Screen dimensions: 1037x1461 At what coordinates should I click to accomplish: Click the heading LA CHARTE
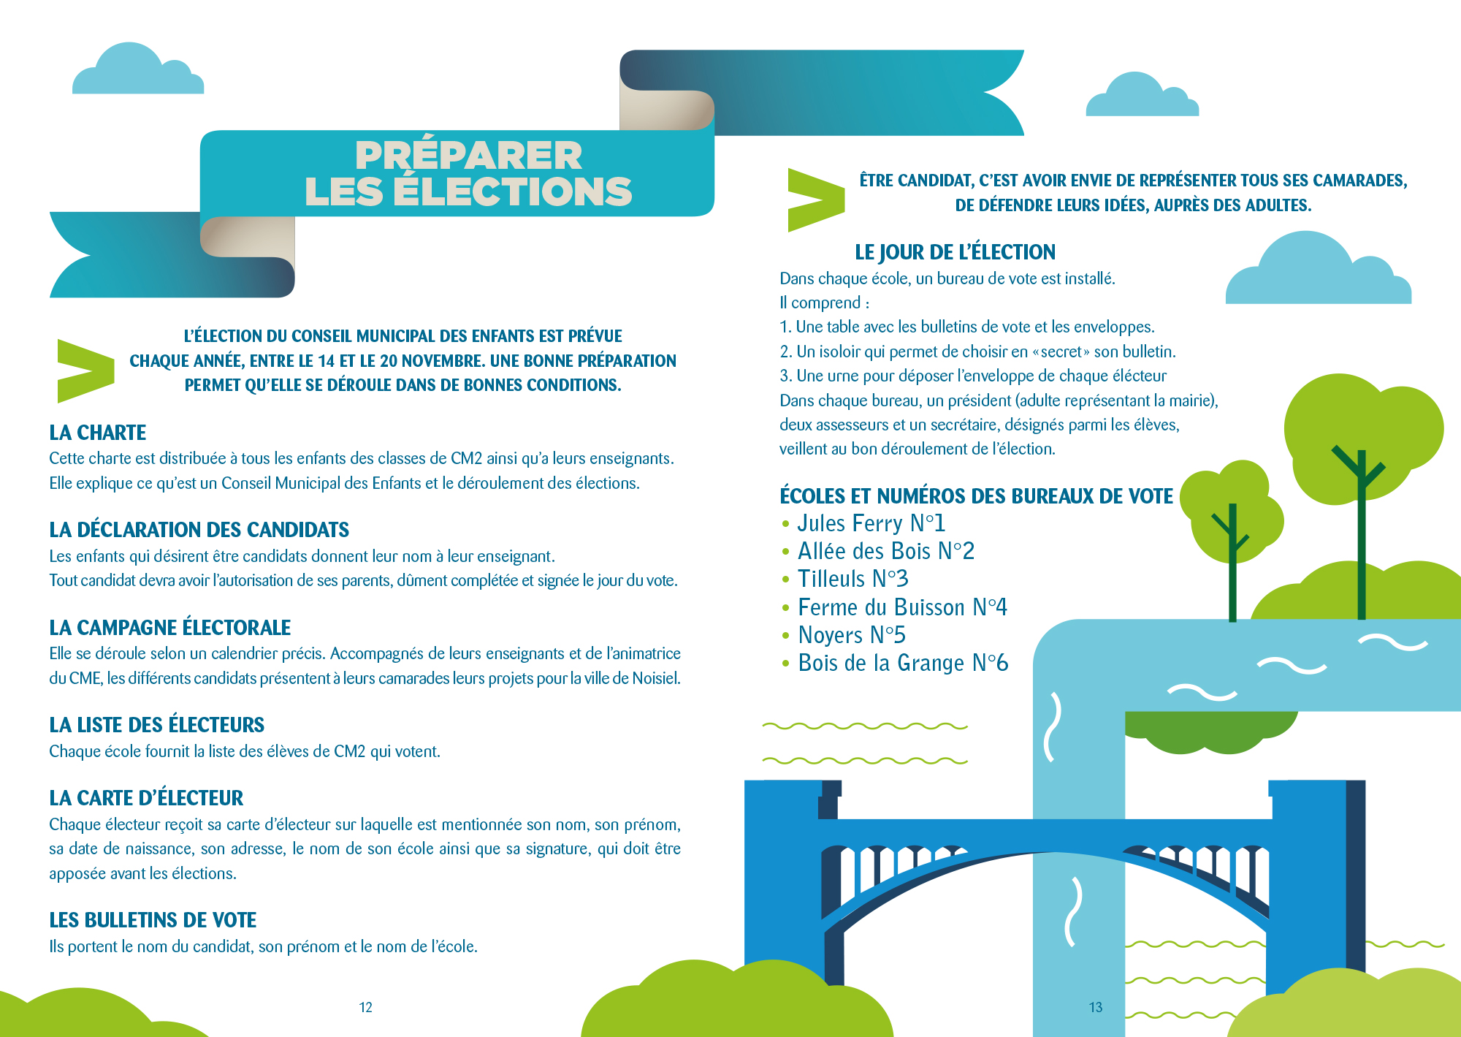tap(98, 433)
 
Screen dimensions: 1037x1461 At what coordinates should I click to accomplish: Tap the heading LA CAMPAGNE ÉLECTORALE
tap(169, 628)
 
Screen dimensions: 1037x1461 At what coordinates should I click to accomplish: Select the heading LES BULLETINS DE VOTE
tap(153, 920)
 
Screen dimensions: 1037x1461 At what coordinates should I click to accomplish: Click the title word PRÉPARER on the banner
tap(468, 155)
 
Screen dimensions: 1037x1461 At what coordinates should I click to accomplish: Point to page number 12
tap(365, 1008)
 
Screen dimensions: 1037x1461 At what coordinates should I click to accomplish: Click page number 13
tap(1095, 1008)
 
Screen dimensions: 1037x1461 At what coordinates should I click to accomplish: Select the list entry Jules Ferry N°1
tap(871, 523)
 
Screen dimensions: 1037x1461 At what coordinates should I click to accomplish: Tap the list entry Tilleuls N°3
tap(852, 579)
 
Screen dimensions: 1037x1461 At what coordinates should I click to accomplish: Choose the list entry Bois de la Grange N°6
tap(902, 663)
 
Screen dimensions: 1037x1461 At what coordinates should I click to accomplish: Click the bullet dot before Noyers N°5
tap(786, 636)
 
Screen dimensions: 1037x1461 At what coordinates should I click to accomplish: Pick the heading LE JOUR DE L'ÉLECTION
tap(955, 252)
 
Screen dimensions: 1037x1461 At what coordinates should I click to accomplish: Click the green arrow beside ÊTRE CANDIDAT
tap(815, 200)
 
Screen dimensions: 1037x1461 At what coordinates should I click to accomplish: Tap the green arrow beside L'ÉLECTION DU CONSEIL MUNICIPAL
tap(85, 371)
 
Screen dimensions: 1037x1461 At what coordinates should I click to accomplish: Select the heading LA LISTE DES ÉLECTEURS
tap(156, 725)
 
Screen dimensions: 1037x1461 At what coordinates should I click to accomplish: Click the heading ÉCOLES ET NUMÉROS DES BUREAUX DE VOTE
tap(976, 496)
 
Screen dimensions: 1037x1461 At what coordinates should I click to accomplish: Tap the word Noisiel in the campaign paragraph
tap(655, 678)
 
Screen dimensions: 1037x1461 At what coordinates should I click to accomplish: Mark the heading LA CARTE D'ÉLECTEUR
tap(146, 798)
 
